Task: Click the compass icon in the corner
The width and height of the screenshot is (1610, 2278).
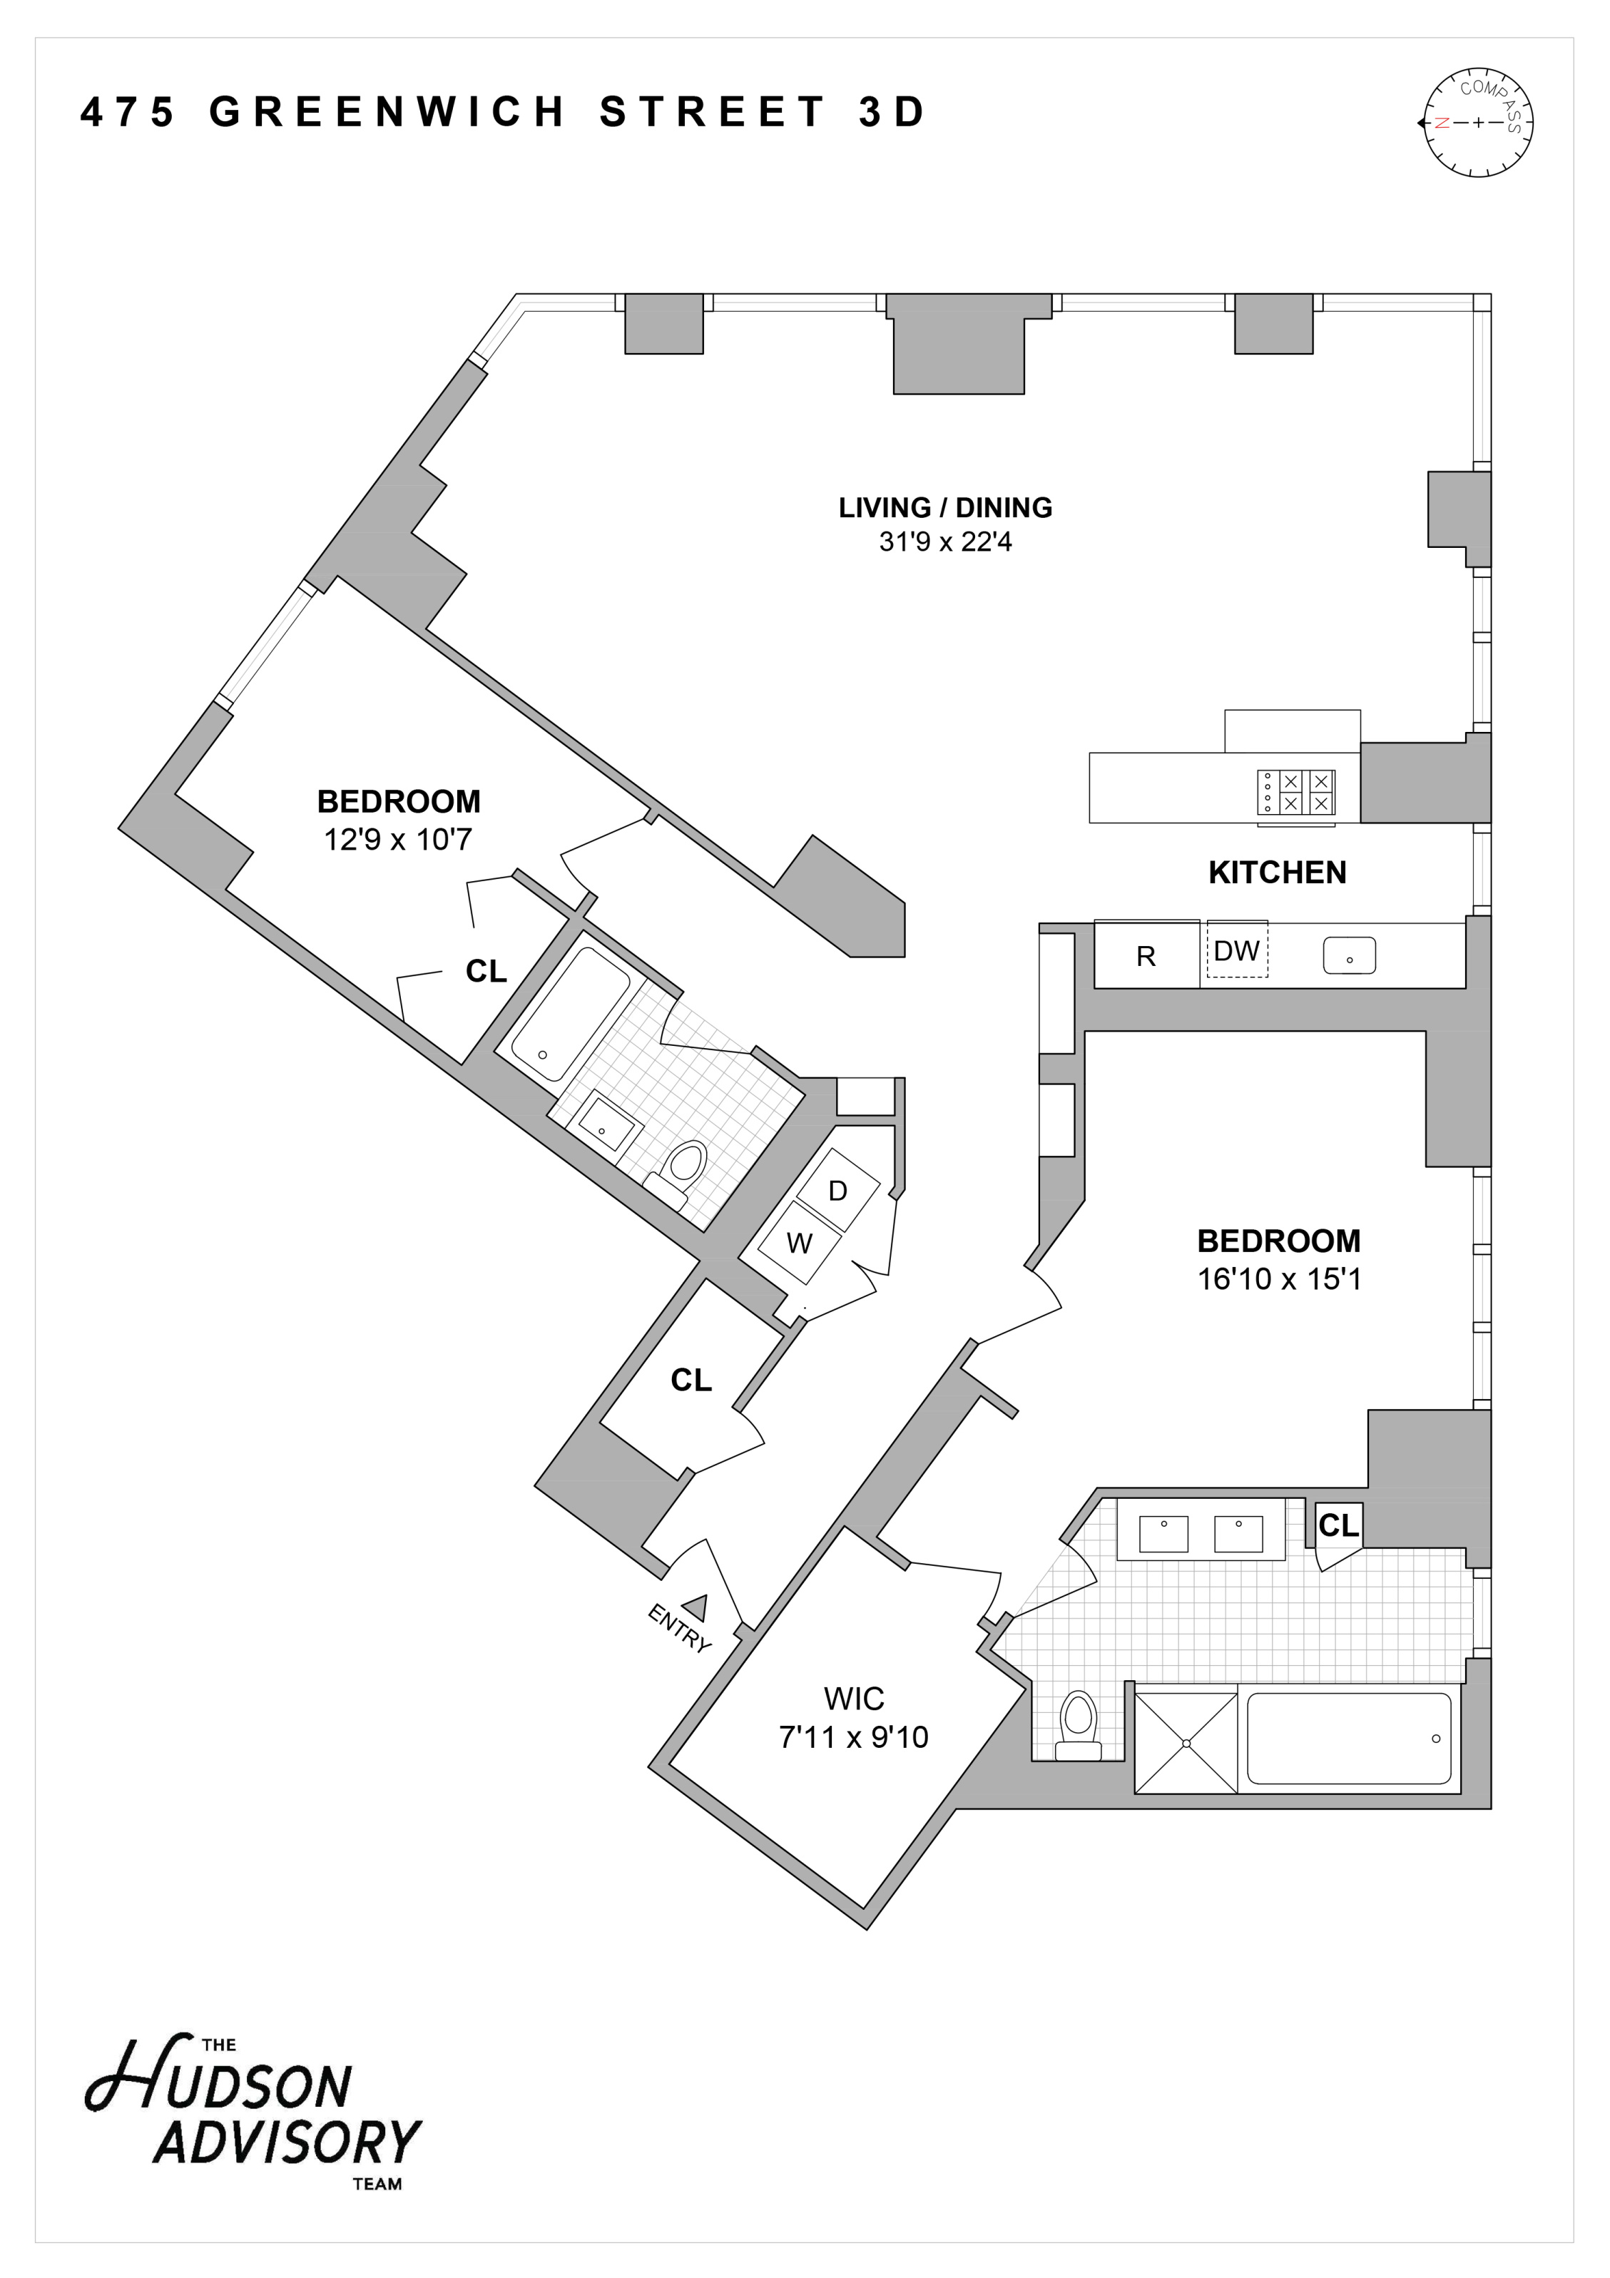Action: [x=1478, y=123]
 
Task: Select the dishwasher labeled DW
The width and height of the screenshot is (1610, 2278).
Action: [x=1237, y=950]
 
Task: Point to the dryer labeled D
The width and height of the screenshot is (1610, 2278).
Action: [x=838, y=1191]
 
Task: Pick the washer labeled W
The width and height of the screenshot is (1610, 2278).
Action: [x=800, y=1244]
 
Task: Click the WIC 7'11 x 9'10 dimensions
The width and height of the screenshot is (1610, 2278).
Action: [x=854, y=1737]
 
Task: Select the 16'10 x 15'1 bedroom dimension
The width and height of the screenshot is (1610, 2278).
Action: [x=1280, y=1279]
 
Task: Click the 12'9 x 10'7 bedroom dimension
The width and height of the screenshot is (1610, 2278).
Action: [x=398, y=840]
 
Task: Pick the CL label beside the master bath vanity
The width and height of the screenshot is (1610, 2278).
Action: [x=1338, y=1525]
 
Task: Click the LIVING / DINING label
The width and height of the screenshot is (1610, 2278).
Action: [x=945, y=507]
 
